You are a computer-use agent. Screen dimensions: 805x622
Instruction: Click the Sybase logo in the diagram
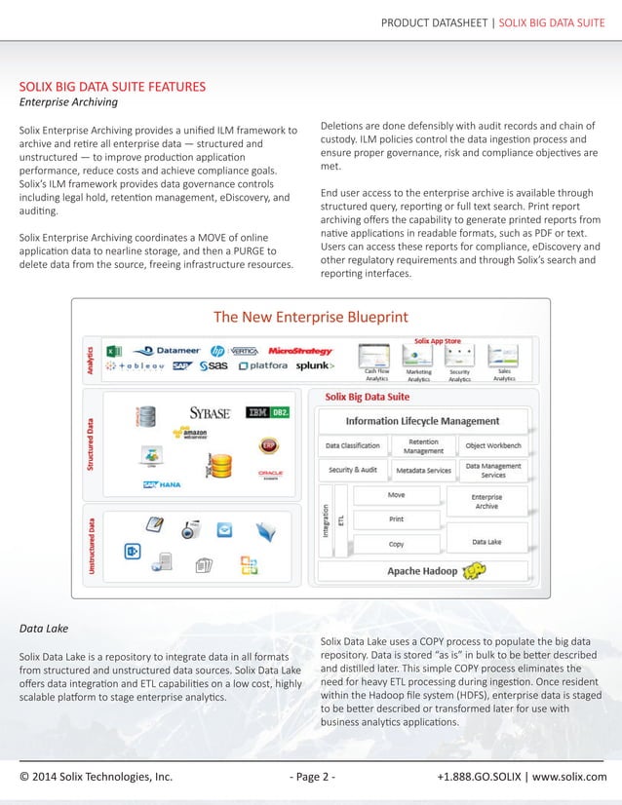pyautogui.click(x=209, y=412)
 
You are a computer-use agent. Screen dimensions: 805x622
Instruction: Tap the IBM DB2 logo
pyautogui.click(x=265, y=412)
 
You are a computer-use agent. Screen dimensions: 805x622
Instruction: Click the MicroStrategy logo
pyautogui.click(x=300, y=351)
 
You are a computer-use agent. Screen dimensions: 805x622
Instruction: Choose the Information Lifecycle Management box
pyautogui.click(x=422, y=421)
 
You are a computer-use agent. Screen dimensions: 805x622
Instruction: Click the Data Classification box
pyautogui.click(x=353, y=446)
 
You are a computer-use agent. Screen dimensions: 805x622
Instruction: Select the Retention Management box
pyautogui.click(x=423, y=446)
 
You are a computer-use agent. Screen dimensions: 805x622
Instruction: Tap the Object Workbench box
pyautogui.click(x=493, y=446)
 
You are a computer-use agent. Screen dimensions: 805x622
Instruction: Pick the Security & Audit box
pyautogui.click(x=353, y=470)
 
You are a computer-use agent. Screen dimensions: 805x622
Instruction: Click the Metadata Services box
pyautogui.click(x=423, y=470)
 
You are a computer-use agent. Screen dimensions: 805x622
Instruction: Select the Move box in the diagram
pyautogui.click(x=397, y=495)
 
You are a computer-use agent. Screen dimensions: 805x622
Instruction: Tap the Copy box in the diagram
pyautogui.click(x=397, y=544)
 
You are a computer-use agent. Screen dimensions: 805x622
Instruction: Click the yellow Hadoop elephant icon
pyautogui.click(x=476, y=570)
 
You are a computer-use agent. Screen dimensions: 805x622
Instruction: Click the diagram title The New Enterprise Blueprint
pyautogui.click(x=310, y=317)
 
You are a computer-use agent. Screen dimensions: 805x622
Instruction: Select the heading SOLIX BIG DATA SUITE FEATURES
pyautogui.click(x=112, y=87)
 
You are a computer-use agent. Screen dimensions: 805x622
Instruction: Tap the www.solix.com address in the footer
pyautogui.click(x=568, y=777)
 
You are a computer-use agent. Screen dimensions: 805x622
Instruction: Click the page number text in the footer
pyautogui.click(x=312, y=777)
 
